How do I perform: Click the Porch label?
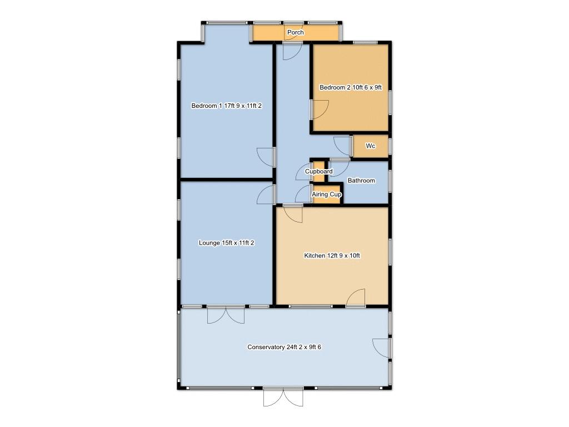[296, 32]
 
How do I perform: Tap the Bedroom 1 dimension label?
[227, 106]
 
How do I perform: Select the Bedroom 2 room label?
[351, 87]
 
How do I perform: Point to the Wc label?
[371, 146]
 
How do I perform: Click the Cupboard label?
[318, 171]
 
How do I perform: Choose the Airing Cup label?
[327, 194]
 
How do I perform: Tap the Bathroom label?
[361, 181]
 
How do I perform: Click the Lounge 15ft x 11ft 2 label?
[227, 243]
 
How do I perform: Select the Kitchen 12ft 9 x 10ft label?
[332, 256]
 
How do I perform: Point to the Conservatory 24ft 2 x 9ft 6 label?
[284, 347]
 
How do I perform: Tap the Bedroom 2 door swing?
[320, 110]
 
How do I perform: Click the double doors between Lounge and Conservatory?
[226, 315]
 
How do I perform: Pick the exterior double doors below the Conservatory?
[283, 397]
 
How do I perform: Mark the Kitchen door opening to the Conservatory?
[356, 298]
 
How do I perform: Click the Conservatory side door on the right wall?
[382, 348]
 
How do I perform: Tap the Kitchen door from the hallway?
[293, 213]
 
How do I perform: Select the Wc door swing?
[342, 146]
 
